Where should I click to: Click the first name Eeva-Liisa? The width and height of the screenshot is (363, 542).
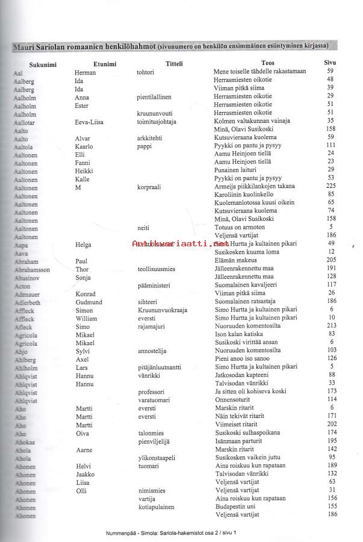pos(89,122)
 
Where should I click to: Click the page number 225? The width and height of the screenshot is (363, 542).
pos(330,187)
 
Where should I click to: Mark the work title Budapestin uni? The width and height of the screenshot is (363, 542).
pos(238,508)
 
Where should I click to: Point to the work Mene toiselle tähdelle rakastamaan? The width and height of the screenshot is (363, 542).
pos(259,72)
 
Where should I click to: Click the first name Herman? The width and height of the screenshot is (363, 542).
pos(85,72)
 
